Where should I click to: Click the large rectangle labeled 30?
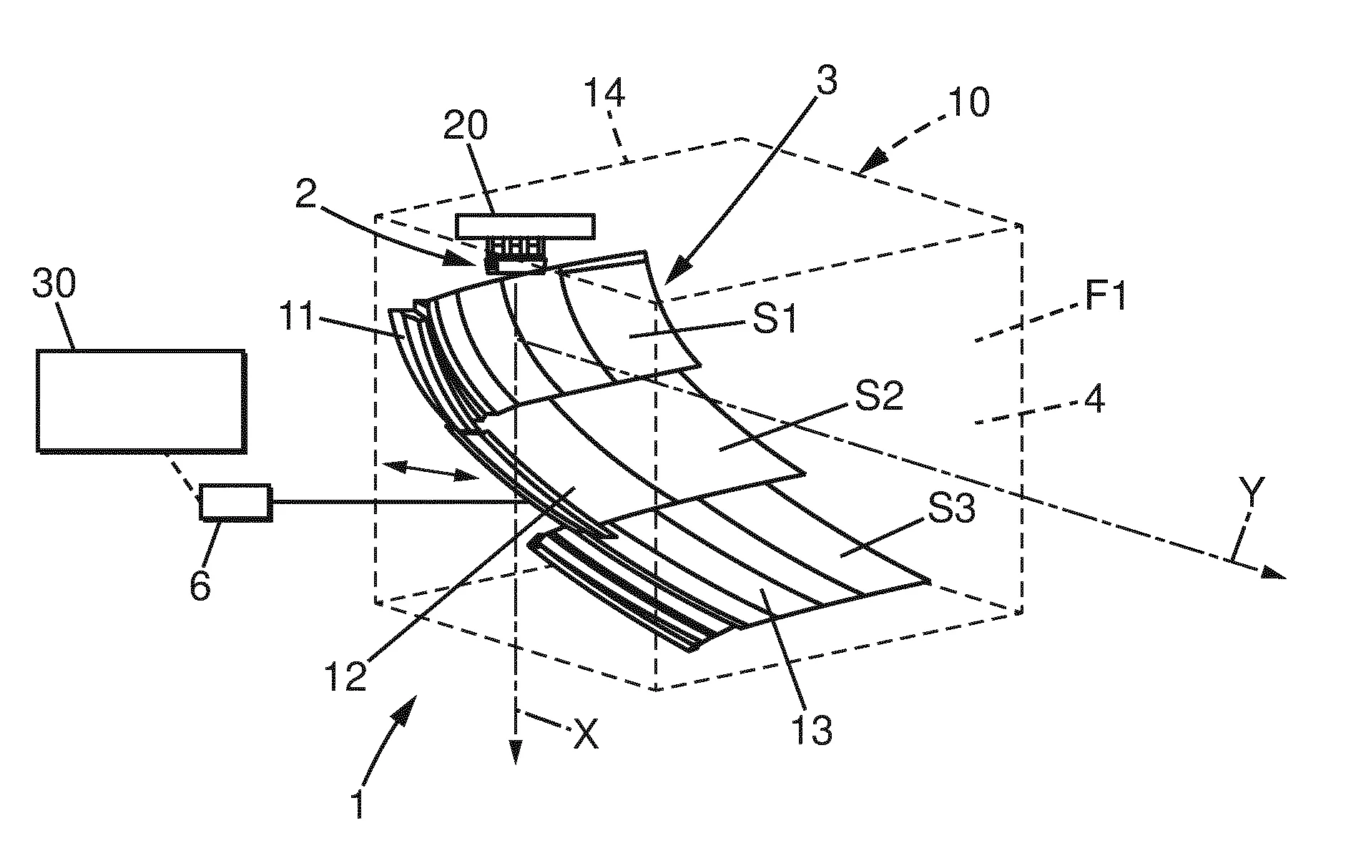[141, 400]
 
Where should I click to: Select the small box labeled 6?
[235, 501]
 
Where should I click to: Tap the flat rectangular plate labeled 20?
[525, 226]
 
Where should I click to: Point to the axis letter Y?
[1252, 492]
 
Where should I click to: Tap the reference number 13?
[811, 729]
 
